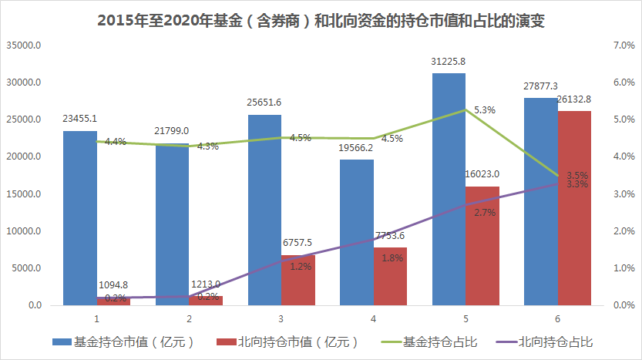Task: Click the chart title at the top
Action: [x=321, y=21]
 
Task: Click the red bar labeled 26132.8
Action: [x=575, y=208]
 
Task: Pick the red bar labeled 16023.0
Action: [x=482, y=246]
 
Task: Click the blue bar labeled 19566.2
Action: [x=357, y=232]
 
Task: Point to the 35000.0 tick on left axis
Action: [x=24, y=45]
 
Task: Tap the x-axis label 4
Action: [x=374, y=318]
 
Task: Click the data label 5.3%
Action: [x=485, y=110]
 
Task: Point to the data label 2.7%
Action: [x=485, y=212]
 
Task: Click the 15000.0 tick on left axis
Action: [x=24, y=194]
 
